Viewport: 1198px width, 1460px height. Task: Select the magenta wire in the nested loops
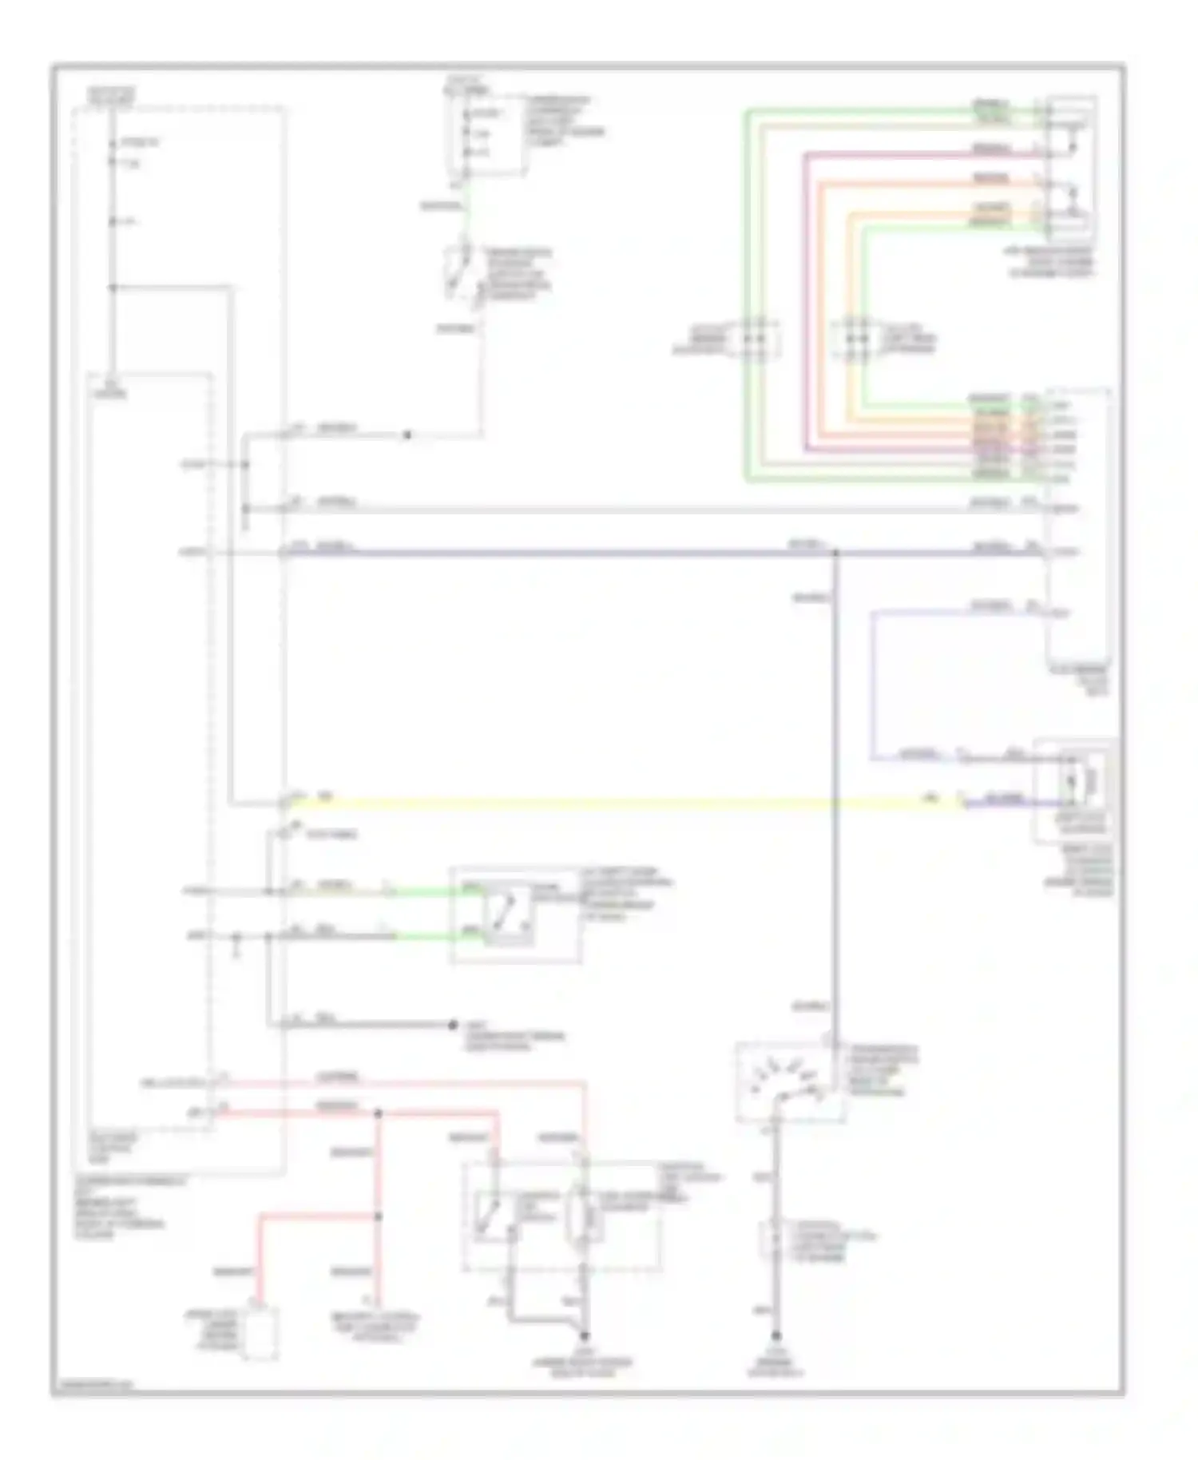click(807, 304)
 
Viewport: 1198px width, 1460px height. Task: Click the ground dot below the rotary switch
click(776, 1335)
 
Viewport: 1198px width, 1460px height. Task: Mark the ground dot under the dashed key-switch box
click(584, 1335)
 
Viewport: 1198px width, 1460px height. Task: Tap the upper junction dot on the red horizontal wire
click(379, 1113)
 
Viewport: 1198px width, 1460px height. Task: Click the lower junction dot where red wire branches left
click(379, 1216)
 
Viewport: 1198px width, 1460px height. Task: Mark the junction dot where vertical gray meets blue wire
click(835, 552)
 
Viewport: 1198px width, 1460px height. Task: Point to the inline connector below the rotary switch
click(773, 1236)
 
